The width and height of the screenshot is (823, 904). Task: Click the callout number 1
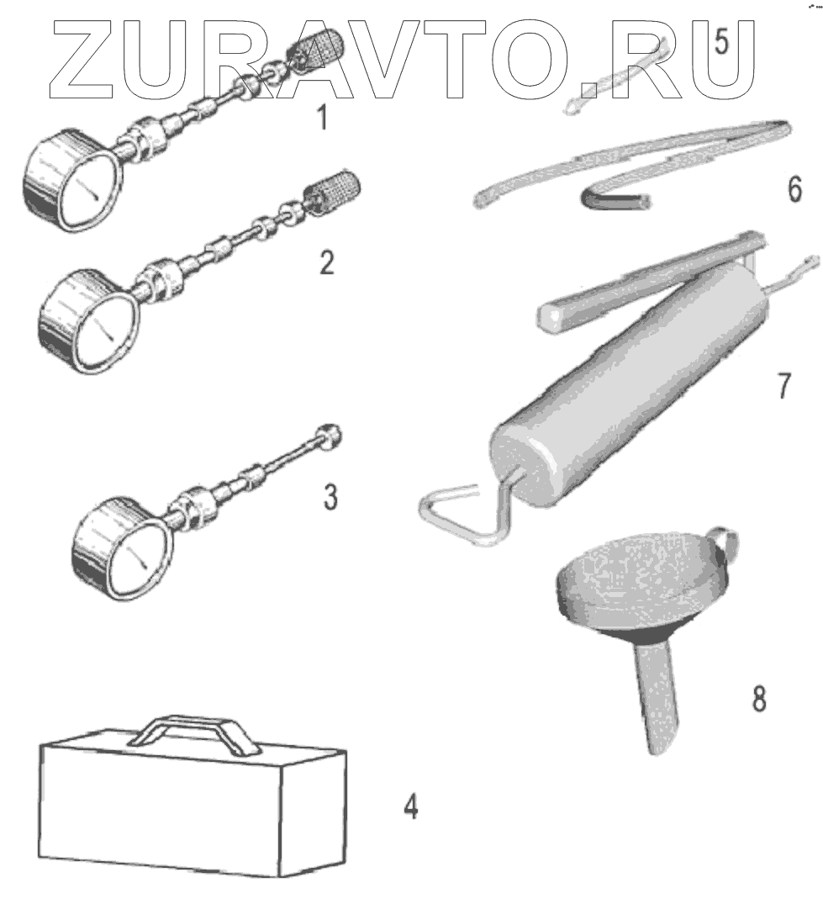click(x=321, y=119)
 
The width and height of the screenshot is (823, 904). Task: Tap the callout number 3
click(x=330, y=496)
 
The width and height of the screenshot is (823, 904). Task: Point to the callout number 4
click(x=409, y=808)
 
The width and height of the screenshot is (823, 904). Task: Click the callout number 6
click(x=794, y=190)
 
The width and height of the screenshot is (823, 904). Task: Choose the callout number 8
click(x=758, y=699)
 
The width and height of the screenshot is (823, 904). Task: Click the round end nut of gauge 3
click(x=331, y=436)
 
